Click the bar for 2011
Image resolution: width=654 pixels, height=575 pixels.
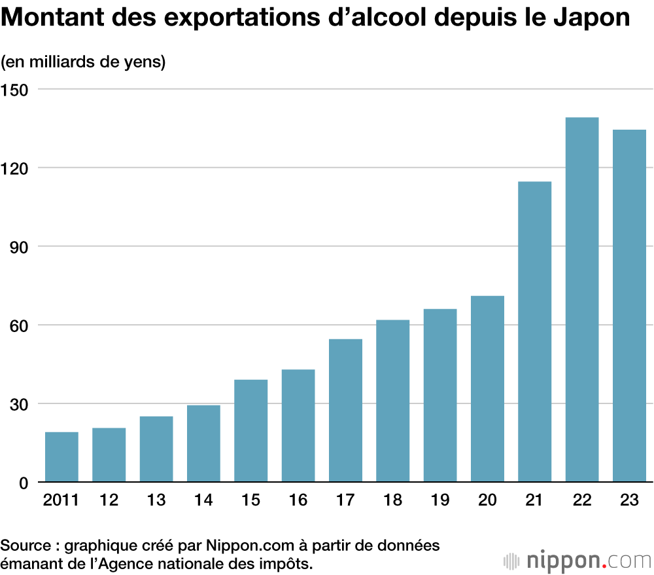pos(61,457)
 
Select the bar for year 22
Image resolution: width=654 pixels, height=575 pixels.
pos(582,300)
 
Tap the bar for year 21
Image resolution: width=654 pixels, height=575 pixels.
pos(534,332)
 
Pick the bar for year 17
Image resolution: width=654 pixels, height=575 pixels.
pos(345,411)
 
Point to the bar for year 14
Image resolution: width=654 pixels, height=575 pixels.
pos(203,444)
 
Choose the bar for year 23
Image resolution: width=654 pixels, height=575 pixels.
pos(629,306)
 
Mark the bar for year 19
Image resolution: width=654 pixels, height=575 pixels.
pos(440,396)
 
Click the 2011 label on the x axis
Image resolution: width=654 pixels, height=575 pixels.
pos(61,501)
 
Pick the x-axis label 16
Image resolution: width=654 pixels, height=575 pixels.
pos(298,501)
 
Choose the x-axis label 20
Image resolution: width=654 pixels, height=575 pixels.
pos(487,501)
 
